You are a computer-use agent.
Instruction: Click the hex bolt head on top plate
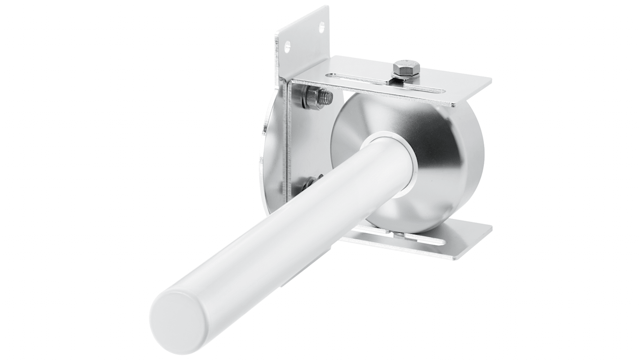click(x=406, y=67)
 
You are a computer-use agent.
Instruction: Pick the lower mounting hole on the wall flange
click(x=287, y=45)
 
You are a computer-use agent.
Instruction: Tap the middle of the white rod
click(x=289, y=226)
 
